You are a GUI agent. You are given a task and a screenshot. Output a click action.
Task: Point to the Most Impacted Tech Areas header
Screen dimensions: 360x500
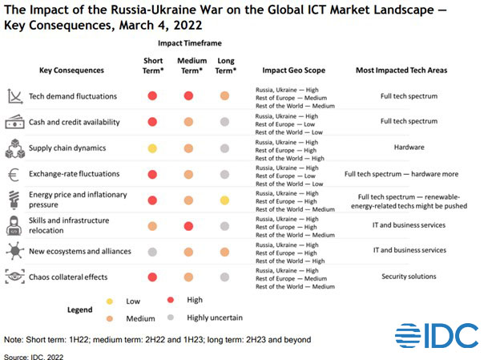click(x=401, y=71)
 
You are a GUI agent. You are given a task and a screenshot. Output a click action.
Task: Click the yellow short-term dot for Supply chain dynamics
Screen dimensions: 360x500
click(x=151, y=148)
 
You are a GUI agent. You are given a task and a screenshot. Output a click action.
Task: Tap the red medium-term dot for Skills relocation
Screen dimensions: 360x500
click(x=188, y=225)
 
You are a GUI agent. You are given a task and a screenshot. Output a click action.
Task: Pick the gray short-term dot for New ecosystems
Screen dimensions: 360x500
click(x=151, y=251)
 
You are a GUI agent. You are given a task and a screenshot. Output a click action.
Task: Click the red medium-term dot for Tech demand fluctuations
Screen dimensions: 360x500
click(x=188, y=96)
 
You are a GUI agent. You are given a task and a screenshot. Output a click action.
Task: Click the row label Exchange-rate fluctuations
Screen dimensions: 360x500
click(x=74, y=173)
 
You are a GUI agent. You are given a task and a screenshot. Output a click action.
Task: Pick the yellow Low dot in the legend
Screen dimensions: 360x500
click(x=110, y=301)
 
